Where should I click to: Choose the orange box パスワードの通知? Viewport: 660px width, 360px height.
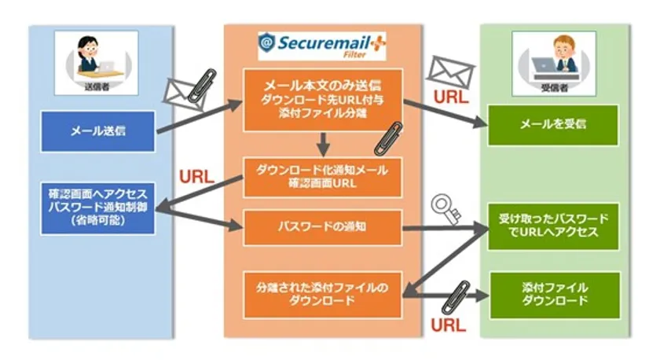tap(322, 226)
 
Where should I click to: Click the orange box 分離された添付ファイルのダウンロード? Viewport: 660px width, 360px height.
tap(322, 293)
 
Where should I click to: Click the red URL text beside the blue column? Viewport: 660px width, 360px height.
tap(196, 176)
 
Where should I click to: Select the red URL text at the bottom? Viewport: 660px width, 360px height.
tap(447, 323)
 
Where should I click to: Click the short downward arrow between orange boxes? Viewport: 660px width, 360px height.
tap(322, 144)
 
